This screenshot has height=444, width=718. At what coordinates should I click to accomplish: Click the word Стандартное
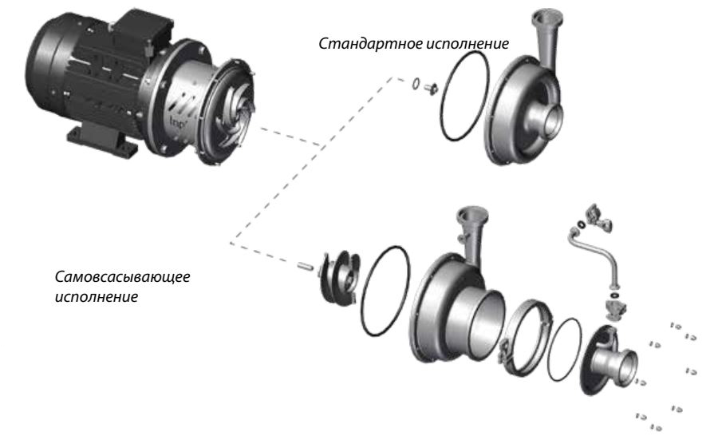349,43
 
